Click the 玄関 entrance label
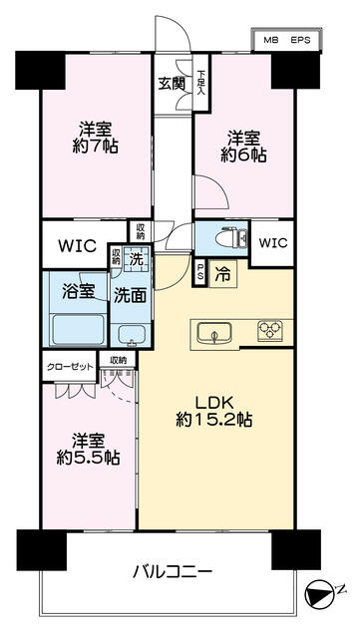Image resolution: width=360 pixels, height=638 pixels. pos(168,84)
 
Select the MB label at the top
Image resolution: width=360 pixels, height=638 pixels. pos(269,40)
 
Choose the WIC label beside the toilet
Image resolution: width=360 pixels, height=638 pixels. pos(273,242)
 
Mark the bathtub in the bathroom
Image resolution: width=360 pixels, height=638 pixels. pos(78,329)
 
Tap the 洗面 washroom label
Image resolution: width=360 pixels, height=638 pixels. pos(128,295)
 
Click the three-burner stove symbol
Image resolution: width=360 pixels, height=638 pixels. pos(270,329)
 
